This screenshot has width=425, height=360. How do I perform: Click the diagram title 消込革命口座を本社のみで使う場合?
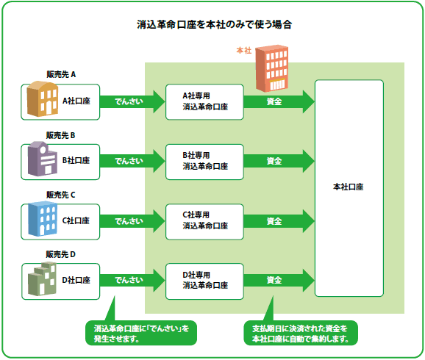(x=214, y=25)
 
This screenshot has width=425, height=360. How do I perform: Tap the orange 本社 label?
(x=244, y=51)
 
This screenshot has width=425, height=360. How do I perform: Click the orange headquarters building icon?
(x=272, y=68)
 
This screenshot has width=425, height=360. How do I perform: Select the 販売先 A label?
(x=61, y=74)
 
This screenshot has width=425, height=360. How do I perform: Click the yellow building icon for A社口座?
(x=43, y=99)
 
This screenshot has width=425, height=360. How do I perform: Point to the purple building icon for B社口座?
(x=43, y=159)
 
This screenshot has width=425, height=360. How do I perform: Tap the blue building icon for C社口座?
(x=43, y=219)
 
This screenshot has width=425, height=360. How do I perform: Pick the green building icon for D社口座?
(x=42, y=279)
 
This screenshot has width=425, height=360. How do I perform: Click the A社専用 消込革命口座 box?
(x=204, y=102)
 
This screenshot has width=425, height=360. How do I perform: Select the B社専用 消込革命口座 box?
(x=204, y=162)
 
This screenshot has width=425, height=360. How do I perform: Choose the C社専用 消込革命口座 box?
(x=204, y=222)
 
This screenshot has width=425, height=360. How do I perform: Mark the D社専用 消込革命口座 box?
(x=204, y=281)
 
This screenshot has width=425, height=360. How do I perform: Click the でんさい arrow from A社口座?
(x=132, y=101)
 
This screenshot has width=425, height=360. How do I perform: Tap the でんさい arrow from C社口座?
(x=132, y=221)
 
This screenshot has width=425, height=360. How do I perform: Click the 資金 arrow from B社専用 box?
(x=279, y=161)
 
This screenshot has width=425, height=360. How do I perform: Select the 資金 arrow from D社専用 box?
(x=279, y=280)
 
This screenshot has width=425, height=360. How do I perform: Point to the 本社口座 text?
(x=349, y=187)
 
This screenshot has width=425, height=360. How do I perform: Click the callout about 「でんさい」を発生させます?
(x=141, y=333)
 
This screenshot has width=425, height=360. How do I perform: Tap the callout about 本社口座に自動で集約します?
(x=301, y=333)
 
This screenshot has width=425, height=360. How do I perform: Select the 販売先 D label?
(x=61, y=254)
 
